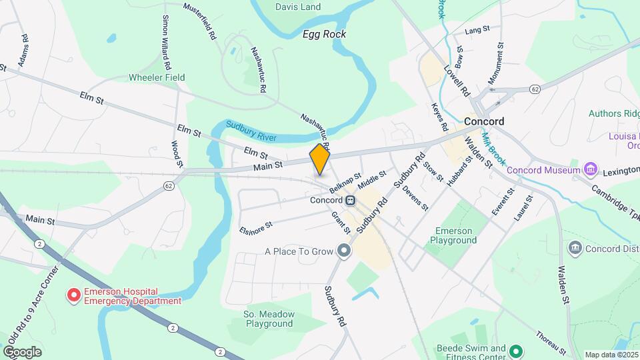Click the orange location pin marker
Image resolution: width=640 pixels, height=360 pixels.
pyautogui.click(x=320, y=160)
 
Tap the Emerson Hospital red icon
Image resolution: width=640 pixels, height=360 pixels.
pyautogui.click(x=73, y=293)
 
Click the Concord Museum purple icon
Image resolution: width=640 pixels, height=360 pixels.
pyautogui.click(x=590, y=169)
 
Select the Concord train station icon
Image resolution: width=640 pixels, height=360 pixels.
pyautogui.click(x=349, y=200)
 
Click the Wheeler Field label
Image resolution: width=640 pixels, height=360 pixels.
pyautogui.click(x=157, y=77)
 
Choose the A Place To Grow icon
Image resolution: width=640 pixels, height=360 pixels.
pyautogui.click(x=344, y=251)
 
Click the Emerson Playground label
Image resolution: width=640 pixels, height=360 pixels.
pyautogui.click(x=456, y=235)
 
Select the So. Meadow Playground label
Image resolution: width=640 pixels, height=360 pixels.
pyautogui.click(x=268, y=319)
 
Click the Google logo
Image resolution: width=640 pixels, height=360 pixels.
pyautogui.click(x=22, y=352)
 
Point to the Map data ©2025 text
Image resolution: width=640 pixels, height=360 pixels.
pyautogui.click(x=611, y=355)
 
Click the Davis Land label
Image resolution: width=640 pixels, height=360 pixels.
pyautogui.click(x=297, y=7)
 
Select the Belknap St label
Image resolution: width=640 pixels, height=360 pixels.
pyautogui.click(x=345, y=181)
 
